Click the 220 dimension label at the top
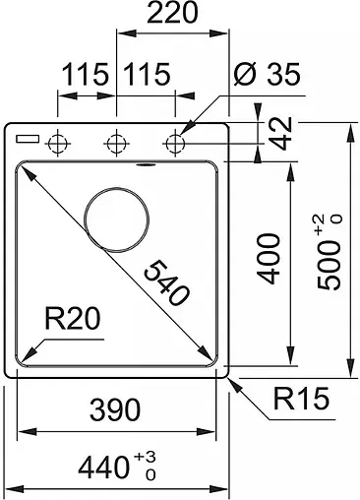pos(172,13)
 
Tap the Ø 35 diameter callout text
pos(267,74)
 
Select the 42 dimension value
pos(281,133)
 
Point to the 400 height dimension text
pos(269,258)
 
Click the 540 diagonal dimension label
pos(166,282)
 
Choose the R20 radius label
pos(73,319)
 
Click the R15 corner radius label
pos(301,399)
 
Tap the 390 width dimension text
pos(115,409)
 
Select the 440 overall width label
pos(103,468)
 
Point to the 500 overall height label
pos(329,265)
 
